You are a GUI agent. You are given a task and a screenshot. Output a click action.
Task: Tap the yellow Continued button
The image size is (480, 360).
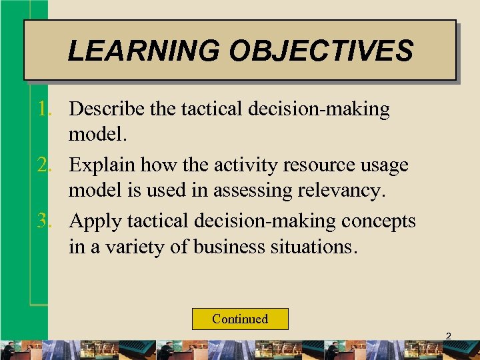click(240, 319)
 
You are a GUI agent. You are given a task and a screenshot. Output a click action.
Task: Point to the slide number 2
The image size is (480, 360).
click(448, 337)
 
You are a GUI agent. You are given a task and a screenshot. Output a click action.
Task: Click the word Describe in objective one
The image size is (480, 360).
click(108, 109)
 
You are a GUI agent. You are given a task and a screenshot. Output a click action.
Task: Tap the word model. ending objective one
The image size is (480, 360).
click(97, 135)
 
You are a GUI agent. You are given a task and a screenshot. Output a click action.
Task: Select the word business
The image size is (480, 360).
click(231, 247)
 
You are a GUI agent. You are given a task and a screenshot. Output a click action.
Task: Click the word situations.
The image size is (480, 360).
click(315, 247)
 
